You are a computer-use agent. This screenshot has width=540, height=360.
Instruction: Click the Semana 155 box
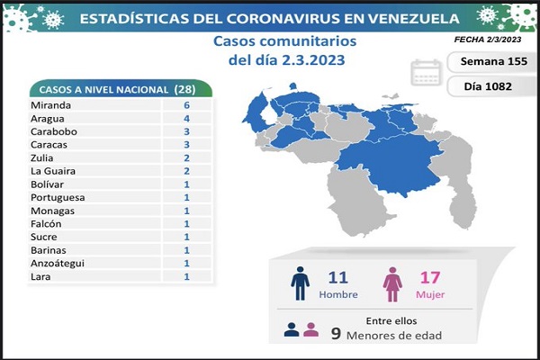487,62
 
